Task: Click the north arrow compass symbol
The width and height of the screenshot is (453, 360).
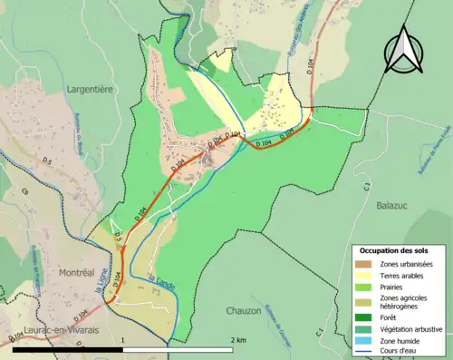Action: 404,50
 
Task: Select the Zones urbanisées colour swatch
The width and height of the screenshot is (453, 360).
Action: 364,264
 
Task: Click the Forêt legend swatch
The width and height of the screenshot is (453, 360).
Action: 364,317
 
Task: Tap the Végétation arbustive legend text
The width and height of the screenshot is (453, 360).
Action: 416,328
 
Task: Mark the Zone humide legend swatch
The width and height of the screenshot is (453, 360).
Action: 364,340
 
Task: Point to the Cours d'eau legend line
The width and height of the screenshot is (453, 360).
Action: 364,351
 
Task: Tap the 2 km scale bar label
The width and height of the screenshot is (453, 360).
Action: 238,339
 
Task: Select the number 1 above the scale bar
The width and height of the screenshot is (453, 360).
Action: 121,339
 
